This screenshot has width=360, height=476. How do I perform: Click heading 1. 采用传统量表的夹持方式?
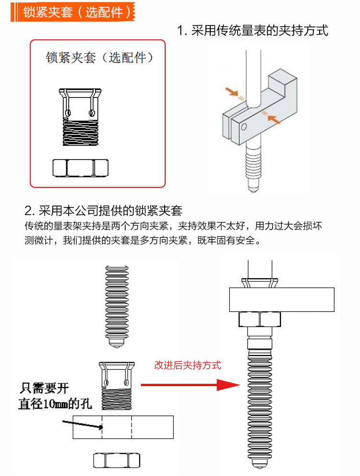pyautogui.click(x=252, y=31)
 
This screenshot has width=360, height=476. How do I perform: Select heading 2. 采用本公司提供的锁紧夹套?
pyautogui.click(x=103, y=210)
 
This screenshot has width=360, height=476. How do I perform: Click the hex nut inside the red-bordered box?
pyautogui.click(x=80, y=168)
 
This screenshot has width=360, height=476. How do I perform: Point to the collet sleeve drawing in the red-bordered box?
pyautogui.click(x=80, y=118)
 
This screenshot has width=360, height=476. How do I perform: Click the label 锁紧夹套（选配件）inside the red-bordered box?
pyautogui.click(x=101, y=58)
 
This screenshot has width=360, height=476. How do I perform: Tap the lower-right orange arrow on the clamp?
pyautogui.click(x=274, y=120)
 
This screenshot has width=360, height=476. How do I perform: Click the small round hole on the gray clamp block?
pyautogui.click(x=244, y=127)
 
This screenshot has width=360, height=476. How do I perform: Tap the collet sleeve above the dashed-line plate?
pyautogui.click(x=117, y=384)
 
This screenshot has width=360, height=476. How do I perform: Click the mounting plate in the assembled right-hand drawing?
pyautogui.click(x=281, y=299)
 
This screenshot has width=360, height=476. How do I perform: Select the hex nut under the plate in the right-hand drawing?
pyautogui.click(x=259, y=319)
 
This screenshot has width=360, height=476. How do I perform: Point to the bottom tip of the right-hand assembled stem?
pyautogui.click(x=259, y=465)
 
